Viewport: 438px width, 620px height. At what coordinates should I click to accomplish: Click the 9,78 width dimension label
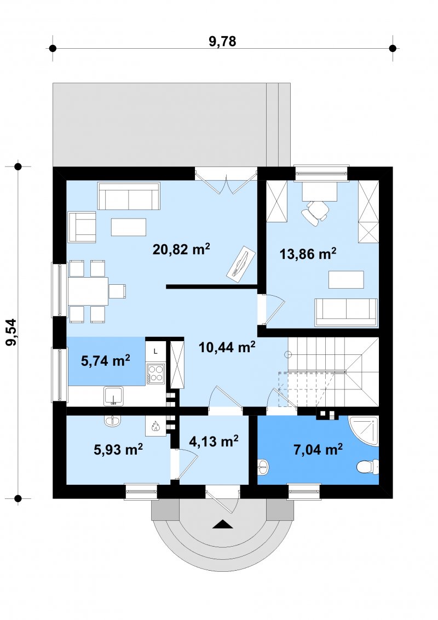222,41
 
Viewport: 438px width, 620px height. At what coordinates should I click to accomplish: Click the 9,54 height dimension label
12,332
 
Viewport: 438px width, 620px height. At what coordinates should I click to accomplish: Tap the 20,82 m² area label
181,249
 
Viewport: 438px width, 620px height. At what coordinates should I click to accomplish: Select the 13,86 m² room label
308,254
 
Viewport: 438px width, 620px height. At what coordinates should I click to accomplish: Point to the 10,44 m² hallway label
227,347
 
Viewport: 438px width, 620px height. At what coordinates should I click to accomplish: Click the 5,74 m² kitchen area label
106,360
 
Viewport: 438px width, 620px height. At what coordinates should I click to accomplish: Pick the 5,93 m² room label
118,449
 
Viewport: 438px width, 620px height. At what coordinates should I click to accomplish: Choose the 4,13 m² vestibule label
214,441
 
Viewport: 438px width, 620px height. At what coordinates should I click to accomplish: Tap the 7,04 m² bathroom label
318,449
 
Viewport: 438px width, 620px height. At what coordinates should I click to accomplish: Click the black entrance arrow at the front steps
222,524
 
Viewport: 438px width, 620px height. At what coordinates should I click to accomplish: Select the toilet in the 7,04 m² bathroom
367,467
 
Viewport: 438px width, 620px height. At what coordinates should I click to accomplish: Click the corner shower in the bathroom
364,431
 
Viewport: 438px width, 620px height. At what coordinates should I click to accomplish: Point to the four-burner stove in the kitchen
155,374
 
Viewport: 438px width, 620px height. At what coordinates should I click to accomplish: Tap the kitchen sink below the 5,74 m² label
114,396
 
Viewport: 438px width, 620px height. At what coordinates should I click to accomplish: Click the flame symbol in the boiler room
155,426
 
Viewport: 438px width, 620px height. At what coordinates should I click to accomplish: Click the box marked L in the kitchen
155,351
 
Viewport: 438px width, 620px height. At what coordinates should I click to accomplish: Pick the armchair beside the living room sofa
82,227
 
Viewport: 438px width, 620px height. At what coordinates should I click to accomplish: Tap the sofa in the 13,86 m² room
346,312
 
